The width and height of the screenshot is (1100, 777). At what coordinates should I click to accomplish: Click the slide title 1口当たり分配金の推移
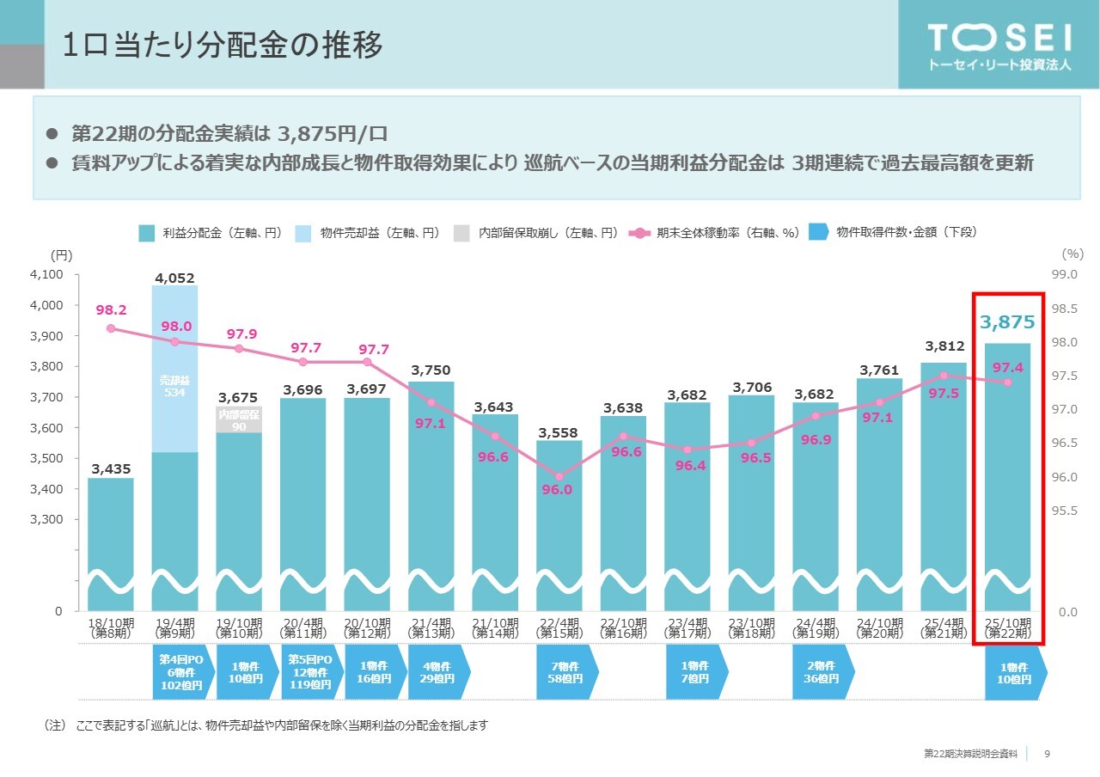click(223, 46)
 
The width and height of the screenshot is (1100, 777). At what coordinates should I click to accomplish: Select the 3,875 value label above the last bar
click(1007, 322)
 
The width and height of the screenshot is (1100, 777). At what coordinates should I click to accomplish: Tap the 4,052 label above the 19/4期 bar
click(174, 278)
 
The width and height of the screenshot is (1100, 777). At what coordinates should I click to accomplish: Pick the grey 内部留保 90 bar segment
click(238, 419)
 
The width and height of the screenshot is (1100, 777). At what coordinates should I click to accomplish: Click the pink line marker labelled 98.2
click(111, 328)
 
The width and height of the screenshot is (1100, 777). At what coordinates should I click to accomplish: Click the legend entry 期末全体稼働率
click(714, 232)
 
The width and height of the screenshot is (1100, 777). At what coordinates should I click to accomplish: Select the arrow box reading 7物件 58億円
click(565, 672)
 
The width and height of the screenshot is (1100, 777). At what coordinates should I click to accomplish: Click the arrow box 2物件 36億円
click(821, 672)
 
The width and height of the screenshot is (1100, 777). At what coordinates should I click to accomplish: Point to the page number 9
click(1047, 754)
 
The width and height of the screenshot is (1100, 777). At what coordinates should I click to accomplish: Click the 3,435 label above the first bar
click(111, 468)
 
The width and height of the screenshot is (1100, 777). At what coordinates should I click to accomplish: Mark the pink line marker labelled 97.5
click(943, 376)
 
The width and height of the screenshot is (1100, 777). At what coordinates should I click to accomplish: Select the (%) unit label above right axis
click(1072, 254)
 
